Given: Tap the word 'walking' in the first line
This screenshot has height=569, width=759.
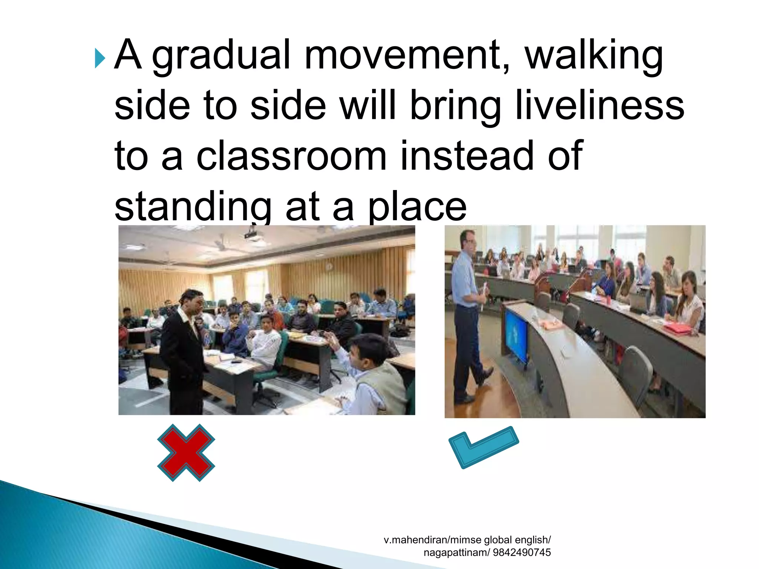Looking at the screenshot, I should [593, 56].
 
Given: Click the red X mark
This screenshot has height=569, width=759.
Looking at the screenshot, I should [186, 452].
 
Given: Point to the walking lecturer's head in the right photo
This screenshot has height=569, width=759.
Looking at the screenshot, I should [468, 241].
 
